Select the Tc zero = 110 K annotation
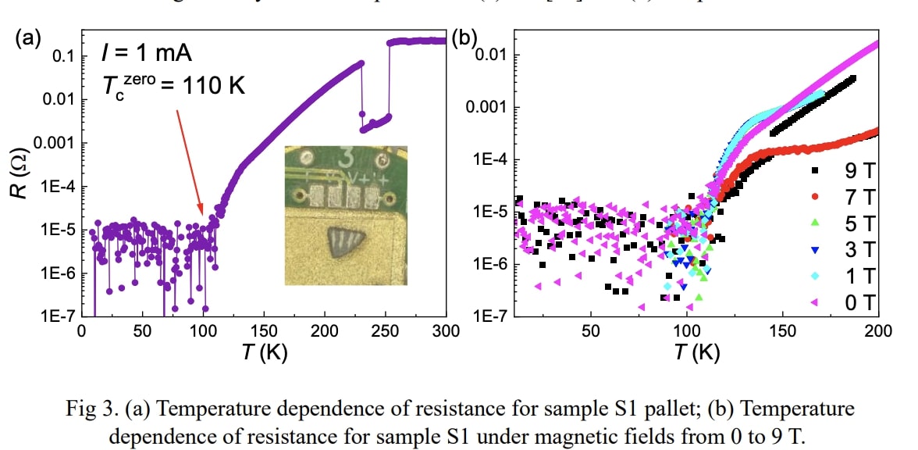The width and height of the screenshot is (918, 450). point(173,84)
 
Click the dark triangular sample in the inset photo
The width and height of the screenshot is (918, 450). point(343,240)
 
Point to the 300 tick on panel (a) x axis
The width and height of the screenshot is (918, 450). point(445,330)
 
